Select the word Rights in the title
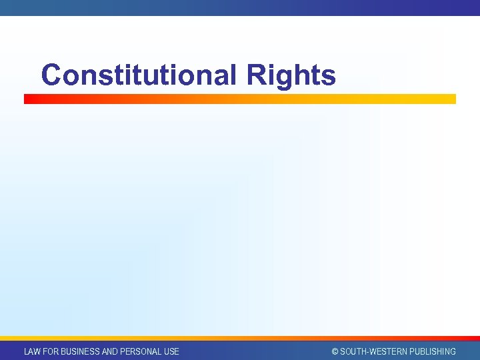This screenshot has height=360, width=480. [291, 75]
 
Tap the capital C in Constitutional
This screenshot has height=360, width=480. [51, 75]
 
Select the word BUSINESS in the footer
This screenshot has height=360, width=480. [82, 351]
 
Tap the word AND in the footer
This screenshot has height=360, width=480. [111, 351]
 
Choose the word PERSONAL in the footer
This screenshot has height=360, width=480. [141, 351]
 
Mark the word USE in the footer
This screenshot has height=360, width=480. [171, 351]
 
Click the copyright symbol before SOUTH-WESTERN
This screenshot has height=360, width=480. [335, 351]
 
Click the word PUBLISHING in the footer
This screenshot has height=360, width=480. [433, 351]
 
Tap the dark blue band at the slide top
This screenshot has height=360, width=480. [240, 7]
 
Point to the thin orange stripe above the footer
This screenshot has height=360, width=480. [240, 338]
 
